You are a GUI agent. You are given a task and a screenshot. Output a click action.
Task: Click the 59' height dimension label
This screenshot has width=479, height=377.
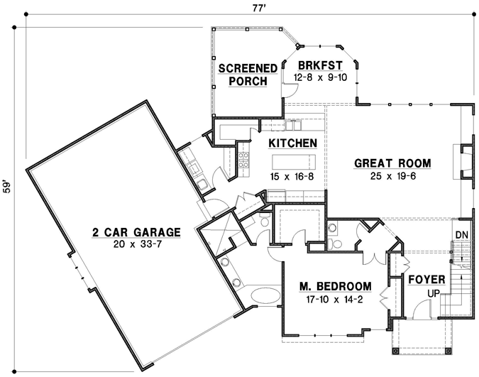[x=8, y=187]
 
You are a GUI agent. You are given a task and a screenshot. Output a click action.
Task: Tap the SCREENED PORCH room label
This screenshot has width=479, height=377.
[x=248, y=75]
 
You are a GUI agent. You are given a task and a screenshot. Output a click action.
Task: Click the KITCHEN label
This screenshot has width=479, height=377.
[x=292, y=143]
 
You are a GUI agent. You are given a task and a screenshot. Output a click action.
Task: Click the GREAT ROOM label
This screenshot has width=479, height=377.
[x=392, y=163]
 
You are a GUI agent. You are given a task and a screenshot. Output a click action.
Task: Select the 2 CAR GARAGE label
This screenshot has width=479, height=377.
[x=136, y=232]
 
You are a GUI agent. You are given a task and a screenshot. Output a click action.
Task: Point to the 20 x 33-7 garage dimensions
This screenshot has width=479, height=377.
[x=136, y=244]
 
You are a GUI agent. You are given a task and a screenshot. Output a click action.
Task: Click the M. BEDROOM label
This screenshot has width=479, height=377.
[x=335, y=287]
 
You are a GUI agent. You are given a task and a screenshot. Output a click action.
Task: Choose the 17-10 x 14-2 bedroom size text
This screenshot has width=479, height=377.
[x=335, y=299]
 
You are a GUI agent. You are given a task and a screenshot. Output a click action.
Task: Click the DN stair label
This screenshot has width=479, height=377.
[x=461, y=235]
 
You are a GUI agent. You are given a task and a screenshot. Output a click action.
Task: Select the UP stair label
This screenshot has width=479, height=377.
[x=433, y=293]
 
